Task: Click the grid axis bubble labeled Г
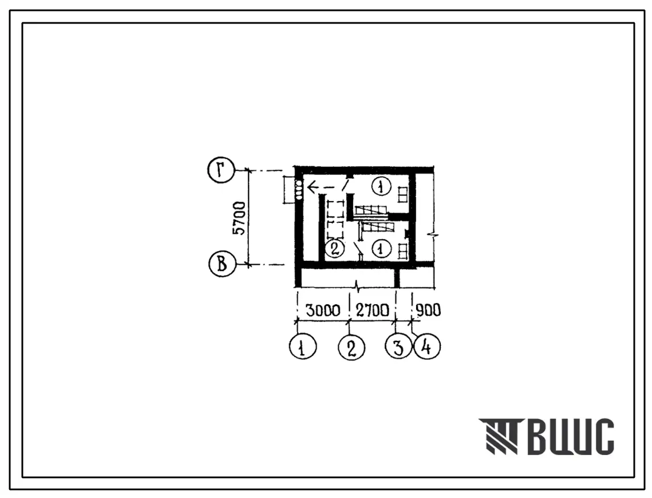pyautogui.click(x=221, y=170)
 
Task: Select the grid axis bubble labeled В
pyautogui.click(x=222, y=264)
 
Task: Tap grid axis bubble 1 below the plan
pyautogui.click(x=302, y=347)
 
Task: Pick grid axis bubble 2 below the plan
pyautogui.click(x=352, y=347)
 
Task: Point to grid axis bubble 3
pyautogui.click(x=398, y=347)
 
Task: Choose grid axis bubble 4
pyautogui.click(x=426, y=347)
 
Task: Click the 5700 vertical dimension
pyautogui.click(x=239, y=218)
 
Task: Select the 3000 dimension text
pyautogui.click(x=323, y=310)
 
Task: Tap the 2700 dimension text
pyautogui.click(x=372, y=310)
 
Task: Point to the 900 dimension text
pyautogui.click(x=428, y=310)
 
